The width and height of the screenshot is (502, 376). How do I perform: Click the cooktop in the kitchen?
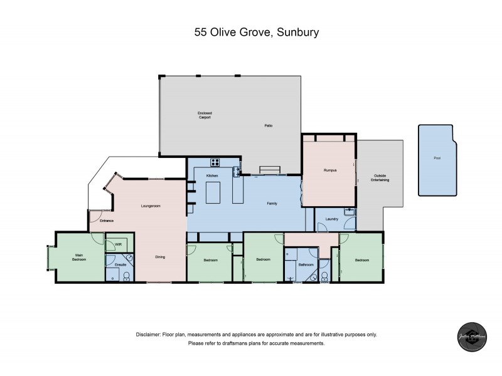[215, 161]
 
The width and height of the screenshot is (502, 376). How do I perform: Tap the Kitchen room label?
[211, 176]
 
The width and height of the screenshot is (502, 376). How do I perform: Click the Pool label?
[437, 159]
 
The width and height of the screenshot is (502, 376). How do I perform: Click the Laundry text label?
[332, 219]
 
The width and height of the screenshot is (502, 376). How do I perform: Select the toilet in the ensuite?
[125, 275]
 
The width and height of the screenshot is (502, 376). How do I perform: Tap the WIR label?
[118, 245]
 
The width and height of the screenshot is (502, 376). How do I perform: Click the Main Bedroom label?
[80, 257]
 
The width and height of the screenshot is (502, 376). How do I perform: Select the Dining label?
[161, 257]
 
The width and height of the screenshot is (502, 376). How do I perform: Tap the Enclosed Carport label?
[205, 115]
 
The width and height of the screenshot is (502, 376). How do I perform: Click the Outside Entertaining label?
[381, 177]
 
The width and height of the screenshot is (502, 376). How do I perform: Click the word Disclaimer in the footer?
[149, 335]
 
